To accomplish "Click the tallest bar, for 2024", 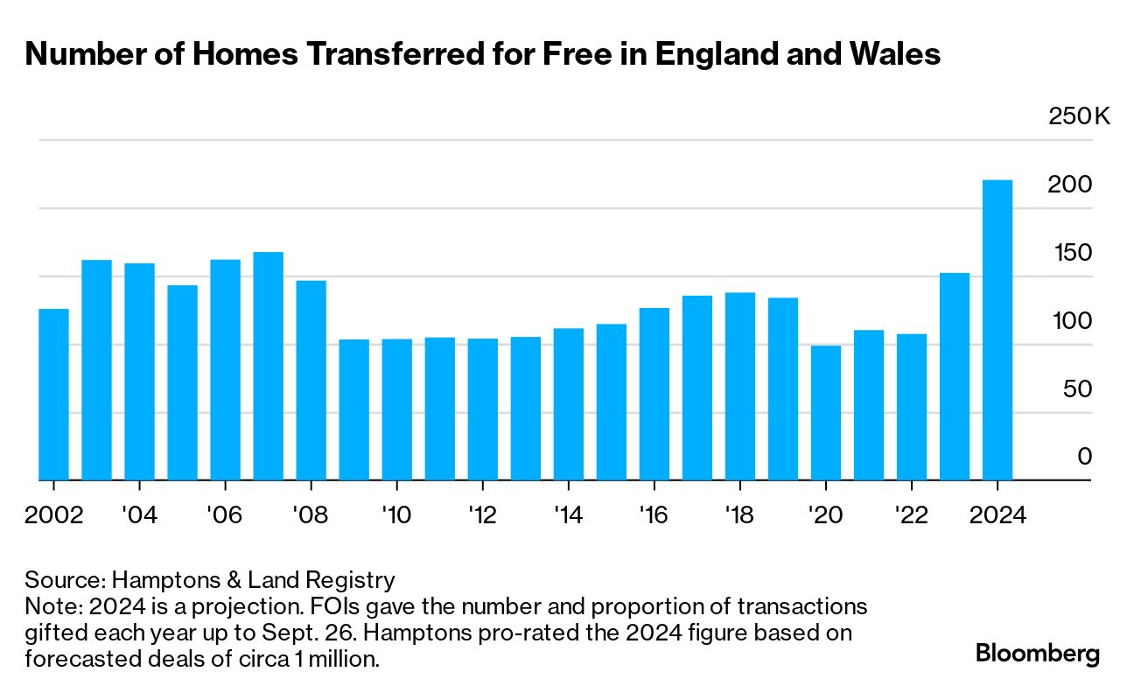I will click(x=997, y=330).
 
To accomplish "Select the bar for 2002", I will click(x=53, y=394).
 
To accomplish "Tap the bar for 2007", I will click(x=268, y=366).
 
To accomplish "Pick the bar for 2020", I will click(x=826, y=412).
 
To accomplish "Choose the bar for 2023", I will click(x=955, y=376).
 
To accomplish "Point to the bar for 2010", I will click(x=396, y=409).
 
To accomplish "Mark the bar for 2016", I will click(x=654, y=394).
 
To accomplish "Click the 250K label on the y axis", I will click(x=1079, y=116).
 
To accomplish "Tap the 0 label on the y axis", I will click(x=1085, y=456).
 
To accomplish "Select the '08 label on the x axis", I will click(x=311, y=514).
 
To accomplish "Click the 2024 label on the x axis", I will click(x=997, y=514).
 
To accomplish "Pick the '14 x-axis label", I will click(x=569, y=514).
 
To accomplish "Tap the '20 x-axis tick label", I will click(x=826, y=514).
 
